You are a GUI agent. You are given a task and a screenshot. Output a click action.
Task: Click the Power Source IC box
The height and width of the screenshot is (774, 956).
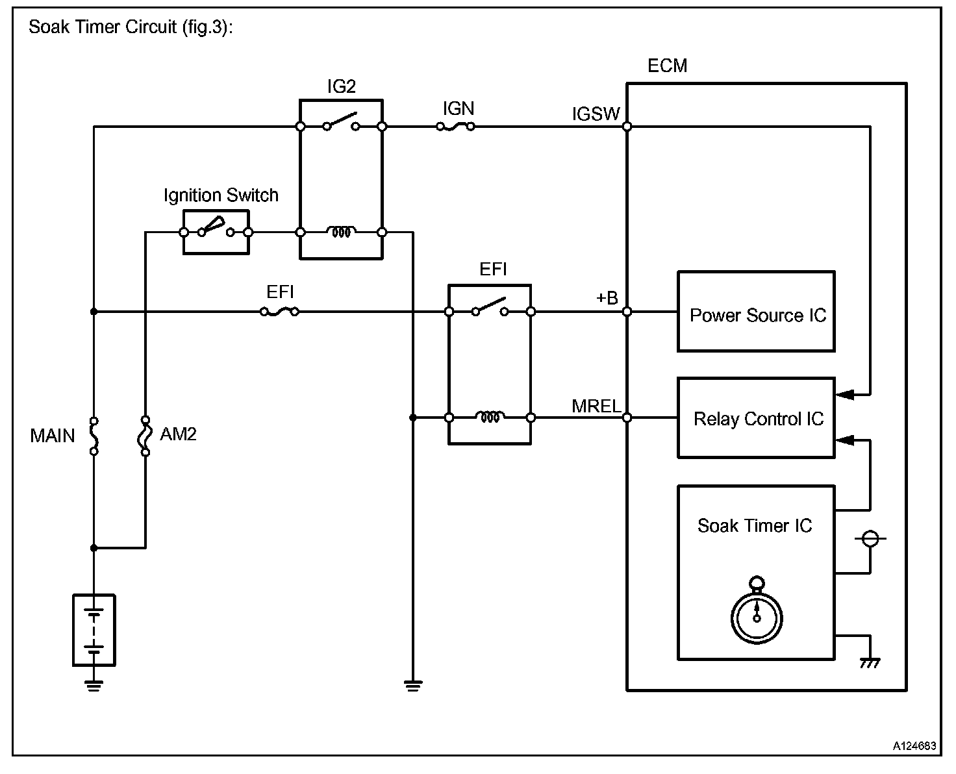point(755,312)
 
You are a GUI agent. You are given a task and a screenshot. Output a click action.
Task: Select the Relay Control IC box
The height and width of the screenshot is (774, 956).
point(755,418)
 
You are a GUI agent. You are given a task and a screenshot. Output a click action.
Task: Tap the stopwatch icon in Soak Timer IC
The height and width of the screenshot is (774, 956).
point(757,612)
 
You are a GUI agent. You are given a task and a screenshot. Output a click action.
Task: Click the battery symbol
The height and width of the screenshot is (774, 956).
point(94,630)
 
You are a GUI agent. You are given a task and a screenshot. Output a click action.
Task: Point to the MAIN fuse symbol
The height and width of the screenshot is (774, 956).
point(94,435)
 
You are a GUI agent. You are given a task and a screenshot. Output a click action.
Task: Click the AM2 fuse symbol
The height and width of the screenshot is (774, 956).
point(145,435)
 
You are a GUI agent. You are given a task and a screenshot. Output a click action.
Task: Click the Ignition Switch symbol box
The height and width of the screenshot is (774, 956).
point(216,232)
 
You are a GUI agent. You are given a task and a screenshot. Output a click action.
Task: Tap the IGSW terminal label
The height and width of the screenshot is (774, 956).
point(596,114)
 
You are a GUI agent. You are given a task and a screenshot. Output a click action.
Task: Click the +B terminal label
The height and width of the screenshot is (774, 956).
point(607,298)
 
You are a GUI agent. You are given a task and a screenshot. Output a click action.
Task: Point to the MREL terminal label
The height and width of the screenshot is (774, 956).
point(596,406)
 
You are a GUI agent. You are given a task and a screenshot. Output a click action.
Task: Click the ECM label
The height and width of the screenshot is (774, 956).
point(667,66)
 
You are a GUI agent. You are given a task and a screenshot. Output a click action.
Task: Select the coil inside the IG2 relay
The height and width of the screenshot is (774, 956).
point(341,232)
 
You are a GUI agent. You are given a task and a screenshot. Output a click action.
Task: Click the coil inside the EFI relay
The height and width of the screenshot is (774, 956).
point(490,418)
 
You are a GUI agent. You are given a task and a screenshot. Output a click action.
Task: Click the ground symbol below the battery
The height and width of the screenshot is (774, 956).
point(94,685)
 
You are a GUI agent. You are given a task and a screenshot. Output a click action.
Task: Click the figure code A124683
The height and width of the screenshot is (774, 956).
point(914,746)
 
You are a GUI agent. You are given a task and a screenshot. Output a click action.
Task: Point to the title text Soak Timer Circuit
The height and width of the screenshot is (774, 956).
point(130,28)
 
